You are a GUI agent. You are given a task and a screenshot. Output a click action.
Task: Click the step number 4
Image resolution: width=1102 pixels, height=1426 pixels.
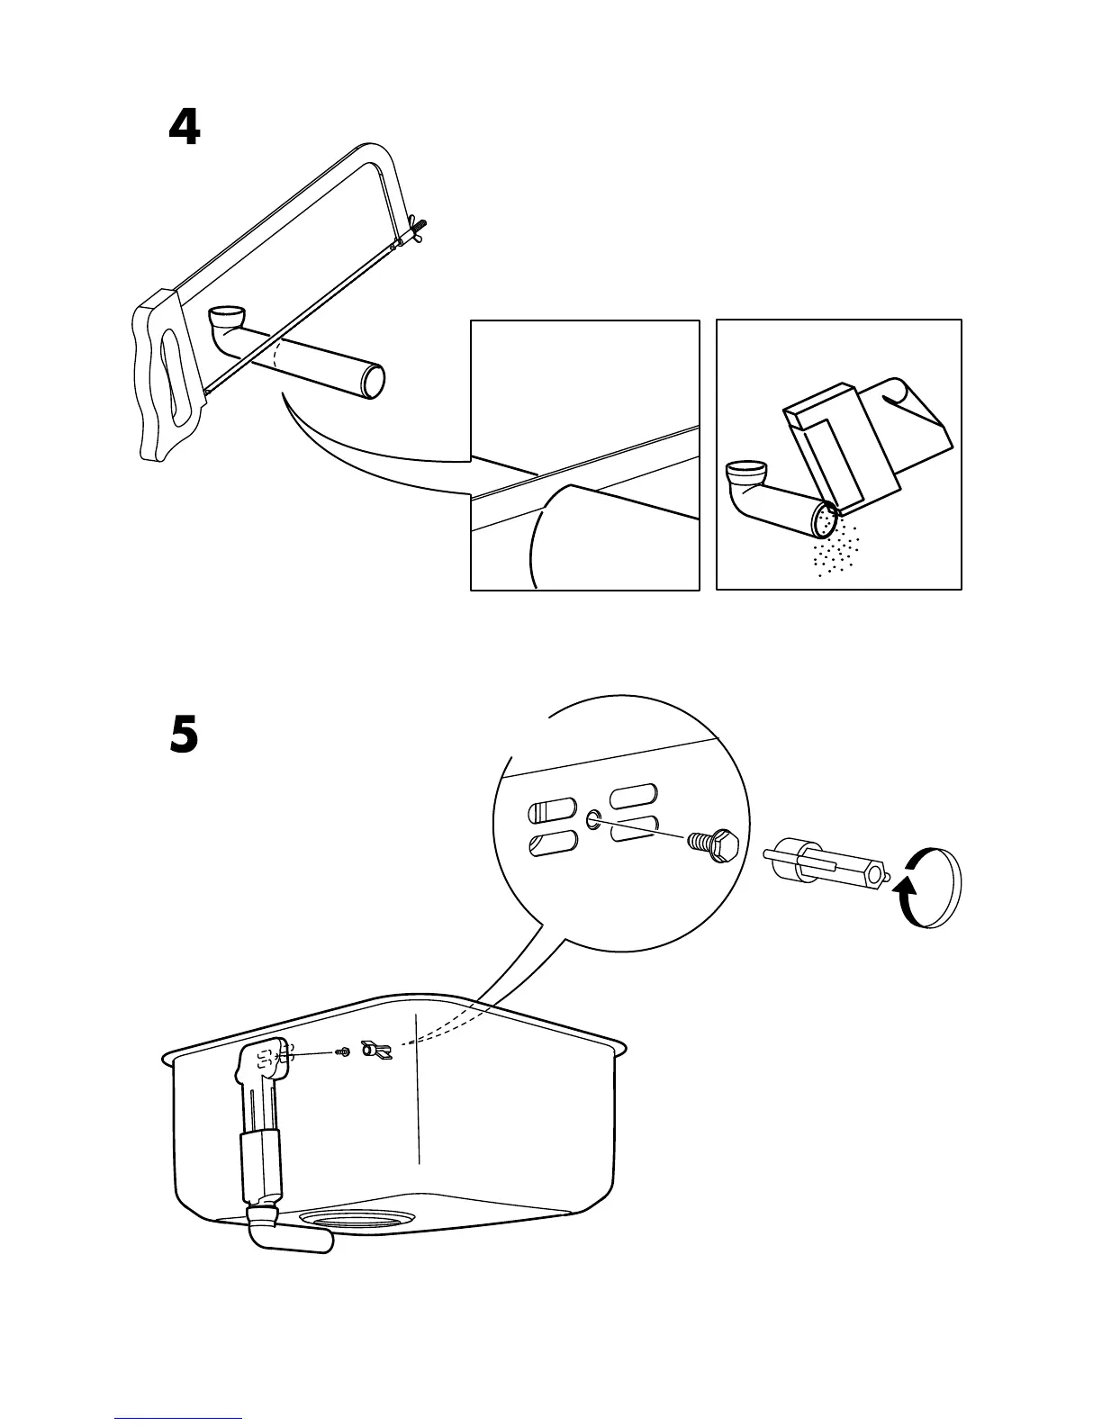click(x=185, y=129)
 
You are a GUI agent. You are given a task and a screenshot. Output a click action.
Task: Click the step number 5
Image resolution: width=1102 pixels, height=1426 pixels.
click(x=184, y=736)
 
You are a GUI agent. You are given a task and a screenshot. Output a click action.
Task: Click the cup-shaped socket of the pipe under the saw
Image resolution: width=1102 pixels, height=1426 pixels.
click(x=225, y=319)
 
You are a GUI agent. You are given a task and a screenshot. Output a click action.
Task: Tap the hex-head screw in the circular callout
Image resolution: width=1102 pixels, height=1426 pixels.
click(x=715, y=844)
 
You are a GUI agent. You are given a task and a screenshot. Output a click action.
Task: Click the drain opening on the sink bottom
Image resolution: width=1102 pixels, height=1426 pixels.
click(x=357, y=1217)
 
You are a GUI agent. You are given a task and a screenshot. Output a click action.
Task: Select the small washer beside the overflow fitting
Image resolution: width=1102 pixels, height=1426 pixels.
click(x=341, y=1051)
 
